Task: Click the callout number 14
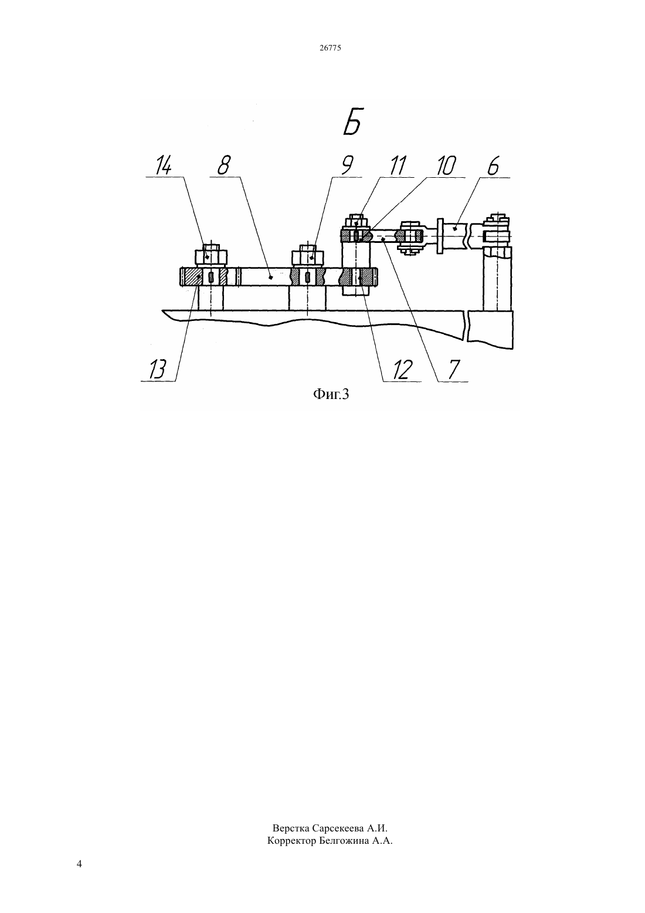[x=163, y=166]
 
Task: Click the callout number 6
[x=494, y=166]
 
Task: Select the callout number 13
[x=158, y=370]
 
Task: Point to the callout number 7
[x=453, y=370]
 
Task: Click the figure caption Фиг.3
[x=331, y=394]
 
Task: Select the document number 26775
[x=330, y=48]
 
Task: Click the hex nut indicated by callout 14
[x=211, y=257]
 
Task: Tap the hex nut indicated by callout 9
[x=308, y=257]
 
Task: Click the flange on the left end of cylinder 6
[x=440, y=236]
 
